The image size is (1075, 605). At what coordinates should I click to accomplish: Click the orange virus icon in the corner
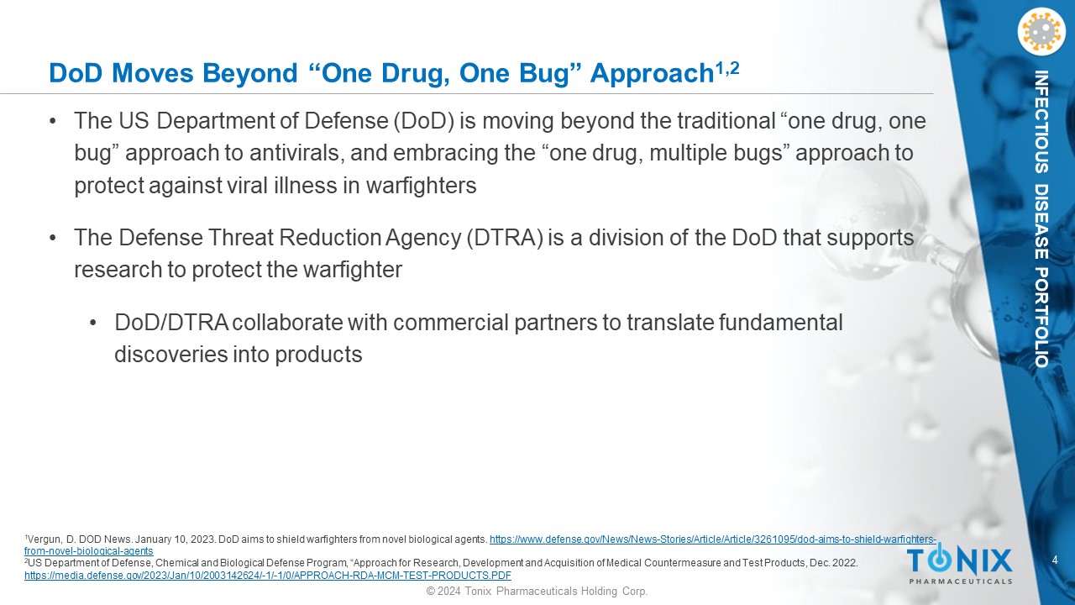point(1041,33)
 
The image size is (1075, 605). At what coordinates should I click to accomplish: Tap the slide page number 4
point(1055,560)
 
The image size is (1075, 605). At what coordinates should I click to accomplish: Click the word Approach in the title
point(652,74)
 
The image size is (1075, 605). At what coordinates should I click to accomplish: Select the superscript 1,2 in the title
point(727,68)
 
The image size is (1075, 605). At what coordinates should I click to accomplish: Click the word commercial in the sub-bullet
point(451,322)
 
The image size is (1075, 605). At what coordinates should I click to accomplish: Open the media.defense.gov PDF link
point(268,576)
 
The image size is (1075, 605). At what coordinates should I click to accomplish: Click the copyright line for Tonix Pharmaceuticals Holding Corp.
point(537,591)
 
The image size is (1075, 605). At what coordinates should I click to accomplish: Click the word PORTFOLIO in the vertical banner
point(1041,318)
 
